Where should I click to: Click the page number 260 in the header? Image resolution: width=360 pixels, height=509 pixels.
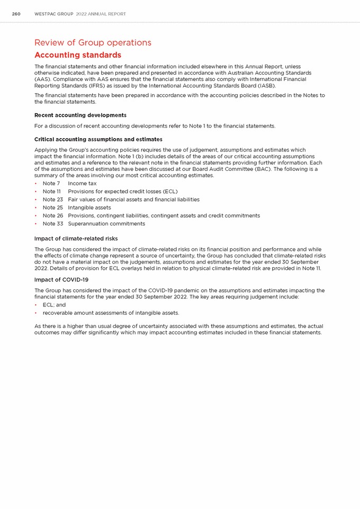coord(16,14)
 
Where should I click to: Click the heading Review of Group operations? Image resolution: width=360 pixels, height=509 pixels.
coord(93,43)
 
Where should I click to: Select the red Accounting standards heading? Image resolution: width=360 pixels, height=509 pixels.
coord(78,55)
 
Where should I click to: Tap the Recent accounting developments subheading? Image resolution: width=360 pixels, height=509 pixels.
coord(80,115)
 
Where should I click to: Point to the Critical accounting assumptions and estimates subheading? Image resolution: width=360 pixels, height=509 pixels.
coord(98,139)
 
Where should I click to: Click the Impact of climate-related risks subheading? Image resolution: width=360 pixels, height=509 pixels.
coord(76,239)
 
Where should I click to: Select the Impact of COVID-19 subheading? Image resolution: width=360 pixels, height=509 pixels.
coord(61,279)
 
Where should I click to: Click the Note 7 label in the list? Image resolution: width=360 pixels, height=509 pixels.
coord(51,184)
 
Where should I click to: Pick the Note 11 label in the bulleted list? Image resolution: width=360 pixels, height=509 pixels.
coord(52,192)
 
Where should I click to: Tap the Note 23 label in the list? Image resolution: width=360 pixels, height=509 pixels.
coord(53,199)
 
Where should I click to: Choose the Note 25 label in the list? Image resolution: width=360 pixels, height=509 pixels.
coord(53,207)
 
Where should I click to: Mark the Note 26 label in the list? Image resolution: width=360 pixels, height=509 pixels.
coord(53,215)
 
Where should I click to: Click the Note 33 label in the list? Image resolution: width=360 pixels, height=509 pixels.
coord(53,223)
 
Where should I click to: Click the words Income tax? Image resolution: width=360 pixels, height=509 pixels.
coord(83,184)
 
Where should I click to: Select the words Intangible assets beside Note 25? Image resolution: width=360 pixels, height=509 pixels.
coord(89,207)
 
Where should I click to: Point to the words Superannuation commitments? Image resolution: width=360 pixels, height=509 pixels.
coord(106,223)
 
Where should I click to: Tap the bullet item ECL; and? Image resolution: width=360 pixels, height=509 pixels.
coord(54,305)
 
